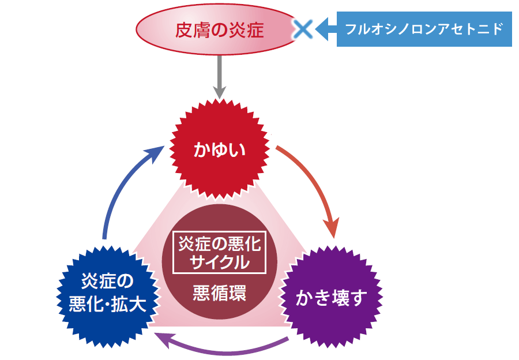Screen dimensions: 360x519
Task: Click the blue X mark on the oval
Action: pos(302,29)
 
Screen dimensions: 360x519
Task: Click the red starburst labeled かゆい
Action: pos(219,150)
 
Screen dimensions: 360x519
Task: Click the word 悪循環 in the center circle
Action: pos(219,293)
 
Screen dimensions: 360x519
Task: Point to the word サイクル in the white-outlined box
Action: pos(219,262)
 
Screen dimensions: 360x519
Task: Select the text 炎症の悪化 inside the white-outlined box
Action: pos(219,245)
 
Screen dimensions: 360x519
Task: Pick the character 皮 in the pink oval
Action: pos(184,29)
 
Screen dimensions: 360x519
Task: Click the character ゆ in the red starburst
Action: pos(219,151)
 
